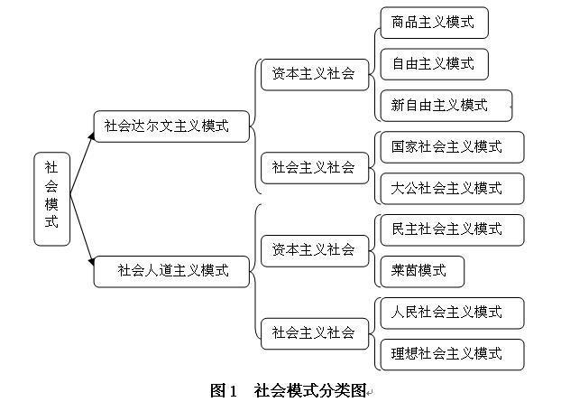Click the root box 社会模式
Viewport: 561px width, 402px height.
[52, 199]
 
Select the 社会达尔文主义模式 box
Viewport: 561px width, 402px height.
[171, 126]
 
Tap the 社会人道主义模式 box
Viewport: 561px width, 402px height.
[171, 272]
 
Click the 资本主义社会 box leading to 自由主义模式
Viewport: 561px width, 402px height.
[315, 74]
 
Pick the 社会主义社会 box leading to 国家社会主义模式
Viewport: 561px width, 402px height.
[315, 168]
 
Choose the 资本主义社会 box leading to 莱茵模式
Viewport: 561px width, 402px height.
[315, 251]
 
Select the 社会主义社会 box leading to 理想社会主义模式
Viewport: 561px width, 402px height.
[315, 333]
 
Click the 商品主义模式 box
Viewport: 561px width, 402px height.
[435, 23]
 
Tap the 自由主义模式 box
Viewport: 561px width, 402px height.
[435, 64]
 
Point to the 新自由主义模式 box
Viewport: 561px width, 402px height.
[446, 106]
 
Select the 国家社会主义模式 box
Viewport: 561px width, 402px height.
[452, 147]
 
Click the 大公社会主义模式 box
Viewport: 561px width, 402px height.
[452, 189]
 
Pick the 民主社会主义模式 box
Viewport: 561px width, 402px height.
[452, 230]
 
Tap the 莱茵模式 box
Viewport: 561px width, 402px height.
[422, 272]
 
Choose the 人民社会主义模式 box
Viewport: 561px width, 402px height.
[452, 313]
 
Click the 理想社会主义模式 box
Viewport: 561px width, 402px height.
[452, 355]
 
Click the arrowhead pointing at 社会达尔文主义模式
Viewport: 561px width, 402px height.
[92, 136]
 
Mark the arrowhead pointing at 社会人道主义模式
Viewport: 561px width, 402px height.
[92, 262]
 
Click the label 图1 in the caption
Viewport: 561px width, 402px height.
[224, 390]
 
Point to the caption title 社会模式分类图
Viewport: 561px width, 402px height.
[310, 390]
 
